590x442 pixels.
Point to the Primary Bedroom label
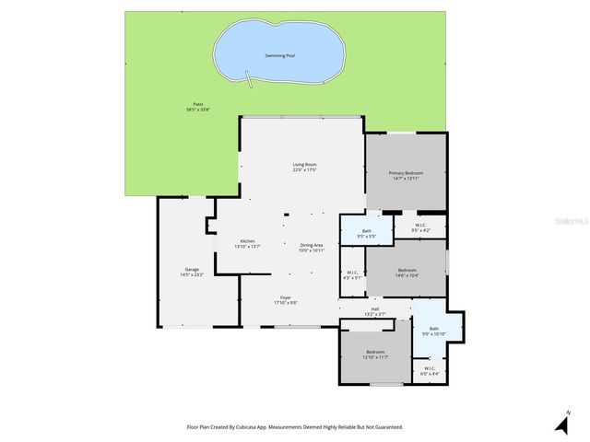coord(406,172)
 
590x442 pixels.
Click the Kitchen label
coord(247,241)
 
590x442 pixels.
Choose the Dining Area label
coord(312,245)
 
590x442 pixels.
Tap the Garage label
coord(192,269)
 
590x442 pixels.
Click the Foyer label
coord(286,297)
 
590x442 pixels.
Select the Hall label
coord(375,308)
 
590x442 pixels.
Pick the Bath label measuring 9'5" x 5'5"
coord(367,231)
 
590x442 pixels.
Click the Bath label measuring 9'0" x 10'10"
coord(433,328)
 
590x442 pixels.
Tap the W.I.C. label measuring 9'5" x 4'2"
coord(420,225)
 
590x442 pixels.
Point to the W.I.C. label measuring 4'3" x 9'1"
coord(352,272)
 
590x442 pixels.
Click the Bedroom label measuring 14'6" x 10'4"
coord(407,270)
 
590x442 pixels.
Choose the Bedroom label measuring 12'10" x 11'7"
coord(375,352)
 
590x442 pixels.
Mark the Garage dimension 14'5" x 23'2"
coord(192,274)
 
